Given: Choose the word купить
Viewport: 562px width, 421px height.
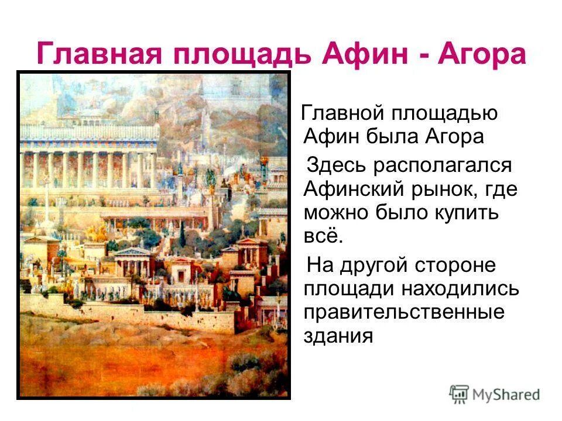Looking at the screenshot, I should [x=467, y=213].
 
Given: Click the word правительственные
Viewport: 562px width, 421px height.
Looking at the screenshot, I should [x=403, y=312].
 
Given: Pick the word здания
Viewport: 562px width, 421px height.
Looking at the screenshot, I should [x=338, y=336].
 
